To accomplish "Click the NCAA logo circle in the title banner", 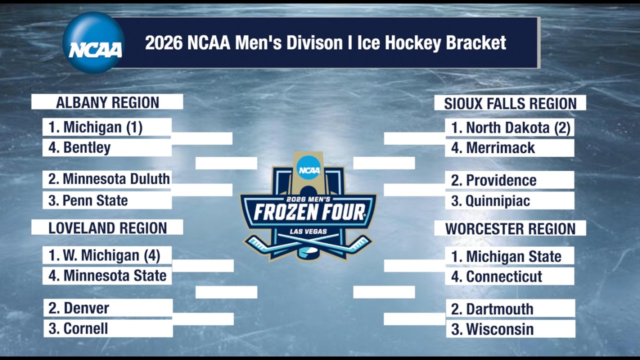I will click(93, 43).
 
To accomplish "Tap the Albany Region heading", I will click(107, 102).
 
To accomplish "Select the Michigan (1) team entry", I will click(107, 127).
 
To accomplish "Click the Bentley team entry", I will click(107, 148).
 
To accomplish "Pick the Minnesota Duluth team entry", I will click(107, 179).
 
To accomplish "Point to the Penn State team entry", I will click(107, 200).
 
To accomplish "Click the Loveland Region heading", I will click(107, 228).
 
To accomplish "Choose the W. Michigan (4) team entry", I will click(107, 255).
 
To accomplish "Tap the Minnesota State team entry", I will click(107, 275).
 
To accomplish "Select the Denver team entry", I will click(108, 308).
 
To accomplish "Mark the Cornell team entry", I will click(108, 328).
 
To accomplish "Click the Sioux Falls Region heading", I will click(510, 103).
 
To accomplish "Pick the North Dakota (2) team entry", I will click(509, 128).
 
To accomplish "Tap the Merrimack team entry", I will click(509, 148).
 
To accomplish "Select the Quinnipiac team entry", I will click(509, 201).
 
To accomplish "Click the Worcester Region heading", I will click(510, 229).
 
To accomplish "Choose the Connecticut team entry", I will click(509, 276).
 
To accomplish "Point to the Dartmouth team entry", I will click(510, 309).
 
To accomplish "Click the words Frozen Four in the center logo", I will click(309, 212).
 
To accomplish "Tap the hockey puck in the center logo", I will click(308, 252).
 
